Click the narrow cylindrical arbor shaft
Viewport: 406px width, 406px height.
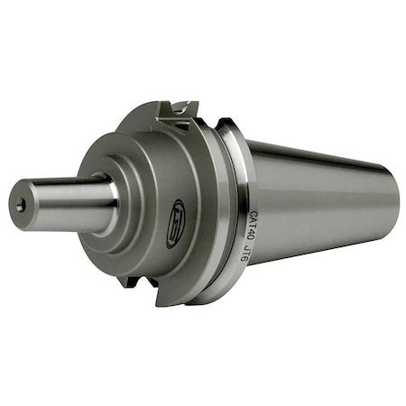pyautogui.click(x=68, y=197)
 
